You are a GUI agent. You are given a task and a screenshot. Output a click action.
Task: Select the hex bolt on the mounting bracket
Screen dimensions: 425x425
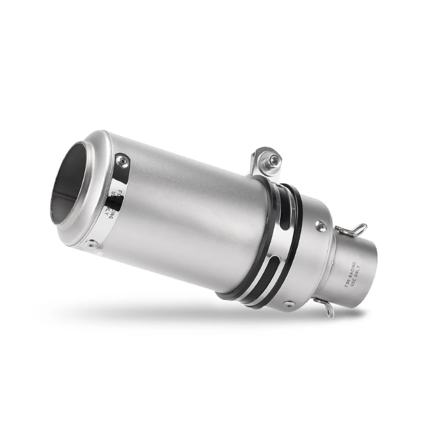[x=274, y=160]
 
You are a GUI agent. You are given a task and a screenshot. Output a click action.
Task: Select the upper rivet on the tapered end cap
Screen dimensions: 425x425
[x=320, y=226]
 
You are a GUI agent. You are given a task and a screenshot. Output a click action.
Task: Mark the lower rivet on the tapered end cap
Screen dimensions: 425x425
[x=289, y=304]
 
